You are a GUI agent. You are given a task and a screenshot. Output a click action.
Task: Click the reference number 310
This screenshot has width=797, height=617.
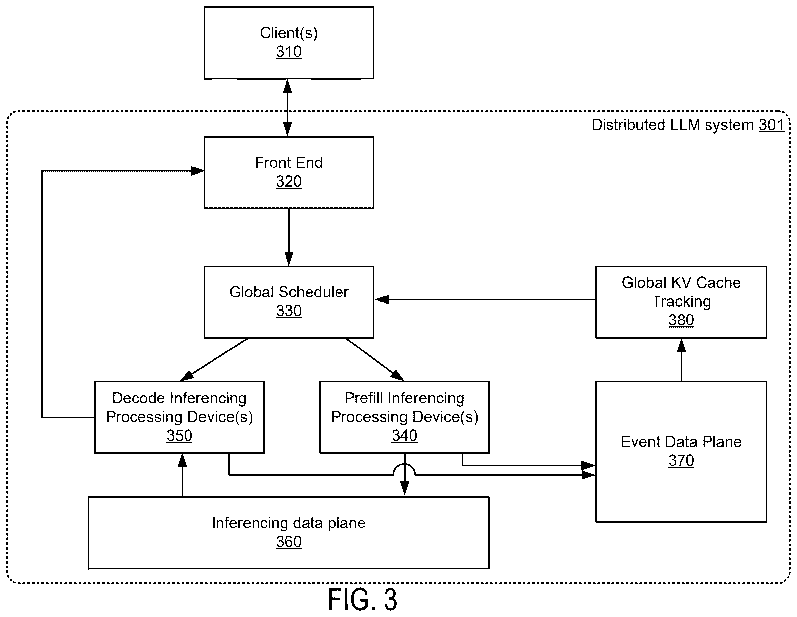click(289, 52)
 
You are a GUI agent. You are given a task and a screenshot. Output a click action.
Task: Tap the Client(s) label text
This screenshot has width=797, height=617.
click(289, 33)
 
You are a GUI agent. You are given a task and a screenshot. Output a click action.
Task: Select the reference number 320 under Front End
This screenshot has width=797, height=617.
click(289, 181)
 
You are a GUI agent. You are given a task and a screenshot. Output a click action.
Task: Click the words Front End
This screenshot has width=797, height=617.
click(289, 163)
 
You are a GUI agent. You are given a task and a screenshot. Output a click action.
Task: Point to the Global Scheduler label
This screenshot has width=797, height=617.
click(289, 292)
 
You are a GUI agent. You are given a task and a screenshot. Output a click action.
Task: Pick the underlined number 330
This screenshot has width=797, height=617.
click(289, 311)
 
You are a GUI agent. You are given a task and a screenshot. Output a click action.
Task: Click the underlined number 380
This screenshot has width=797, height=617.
click(681, 321)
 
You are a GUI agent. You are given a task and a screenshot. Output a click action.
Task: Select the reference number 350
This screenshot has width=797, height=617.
click(179, 436)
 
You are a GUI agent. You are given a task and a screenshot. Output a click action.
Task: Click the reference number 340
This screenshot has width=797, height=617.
click(404, 436)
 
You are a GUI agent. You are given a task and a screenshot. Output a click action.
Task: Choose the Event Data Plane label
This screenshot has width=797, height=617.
click(681, 442)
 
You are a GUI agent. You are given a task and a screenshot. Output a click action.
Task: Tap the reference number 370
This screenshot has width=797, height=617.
click(681, 461)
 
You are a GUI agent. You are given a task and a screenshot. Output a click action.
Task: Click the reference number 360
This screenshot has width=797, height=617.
click(289, 542)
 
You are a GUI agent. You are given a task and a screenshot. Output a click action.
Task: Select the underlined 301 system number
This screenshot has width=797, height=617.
click(771, 125)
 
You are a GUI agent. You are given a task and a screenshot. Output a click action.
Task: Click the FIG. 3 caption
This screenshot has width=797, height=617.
click(362, 600)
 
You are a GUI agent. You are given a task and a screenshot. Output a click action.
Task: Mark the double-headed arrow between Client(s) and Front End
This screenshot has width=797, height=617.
click(287, 108)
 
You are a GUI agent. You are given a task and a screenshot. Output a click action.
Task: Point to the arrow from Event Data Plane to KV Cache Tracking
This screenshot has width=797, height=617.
click(681, 360)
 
